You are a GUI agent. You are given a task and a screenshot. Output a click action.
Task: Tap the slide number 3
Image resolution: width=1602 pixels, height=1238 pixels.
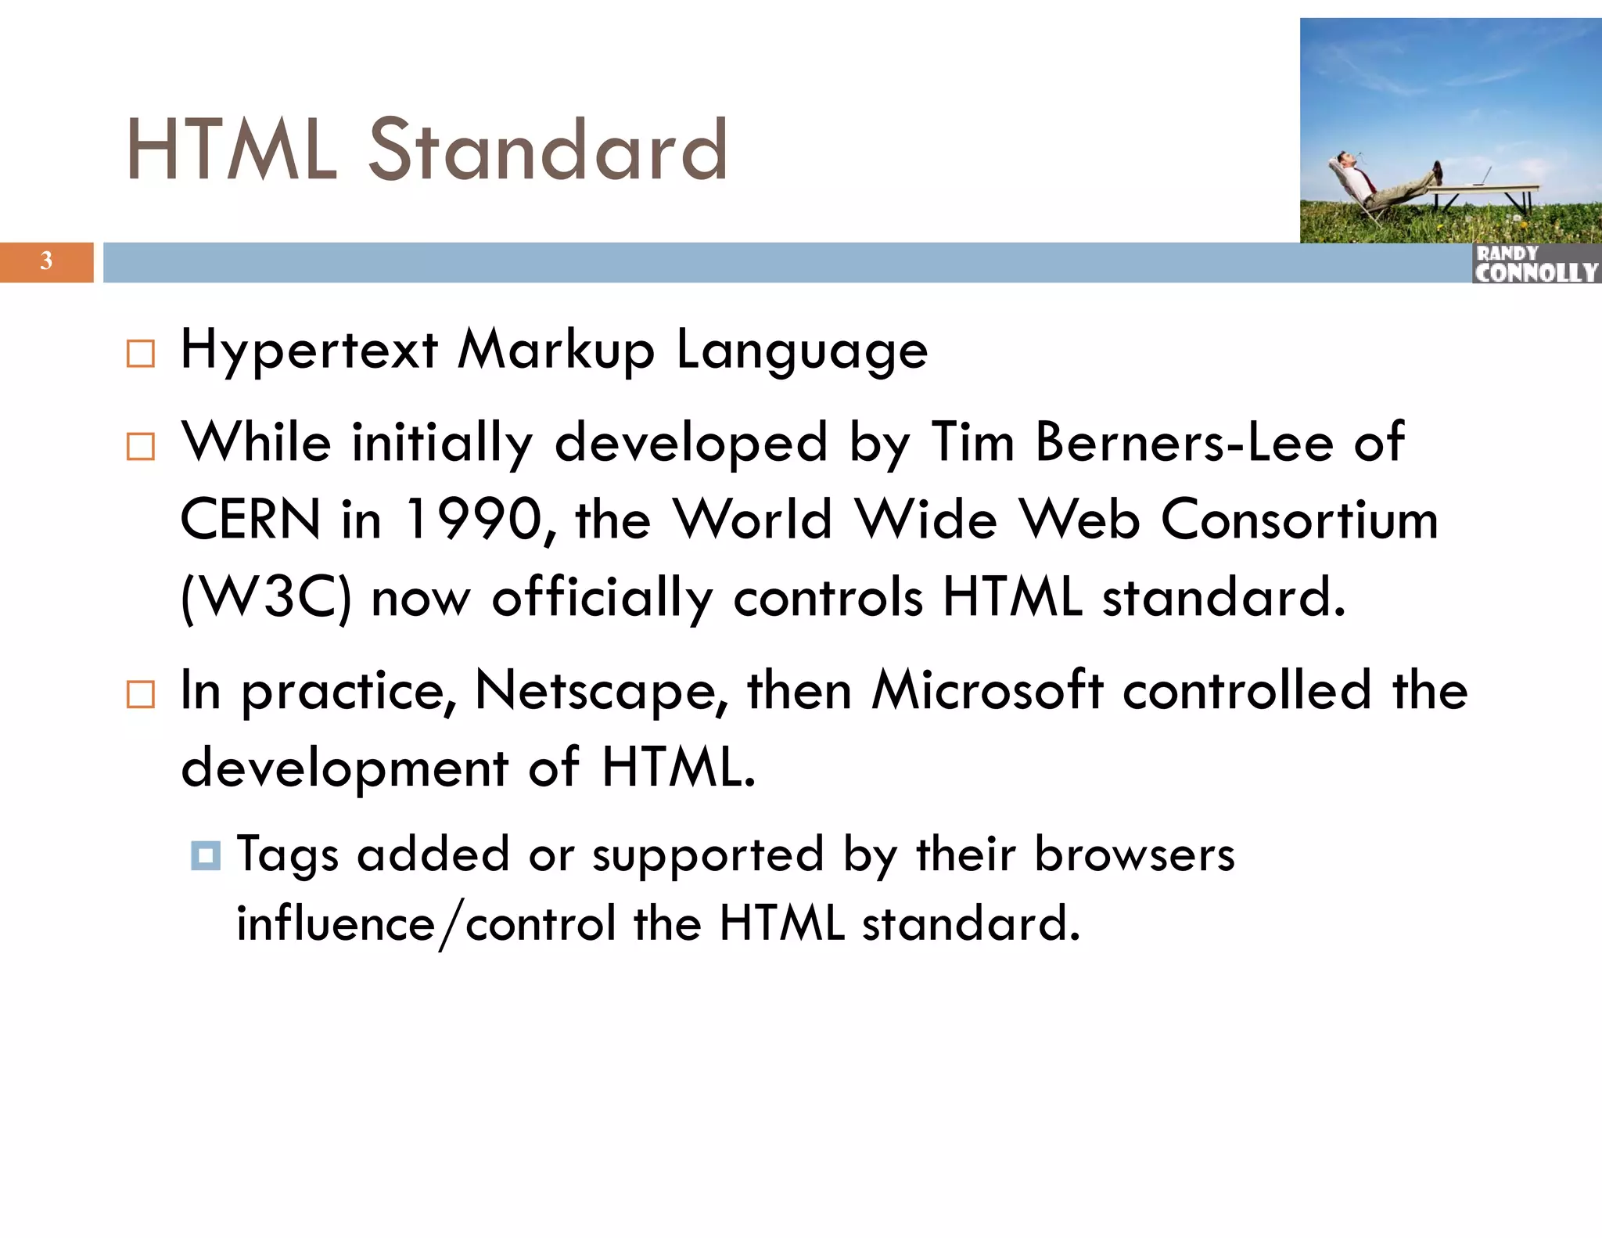(x=46, y=261)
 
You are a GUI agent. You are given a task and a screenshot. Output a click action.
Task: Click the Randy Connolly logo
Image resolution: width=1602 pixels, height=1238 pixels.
(x=1536, y=264)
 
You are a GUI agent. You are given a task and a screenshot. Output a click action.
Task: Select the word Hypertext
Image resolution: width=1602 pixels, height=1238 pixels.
(x=309, y=350)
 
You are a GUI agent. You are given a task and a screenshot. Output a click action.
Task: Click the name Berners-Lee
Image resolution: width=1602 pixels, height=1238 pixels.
(x=1184, y=442)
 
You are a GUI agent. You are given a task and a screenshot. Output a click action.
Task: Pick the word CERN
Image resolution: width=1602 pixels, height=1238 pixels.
(x=250, y=520)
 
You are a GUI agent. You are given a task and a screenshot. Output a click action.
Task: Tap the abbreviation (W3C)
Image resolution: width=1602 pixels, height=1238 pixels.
(x=266, y=598)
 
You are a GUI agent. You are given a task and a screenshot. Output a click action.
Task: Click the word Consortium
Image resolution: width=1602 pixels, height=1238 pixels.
(x=1299, y=520)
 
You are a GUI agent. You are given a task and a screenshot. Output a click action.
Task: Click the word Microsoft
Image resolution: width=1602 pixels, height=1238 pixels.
(x=987, y=690)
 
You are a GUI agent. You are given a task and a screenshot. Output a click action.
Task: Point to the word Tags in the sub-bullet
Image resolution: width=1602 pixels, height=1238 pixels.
(x=287, y=855)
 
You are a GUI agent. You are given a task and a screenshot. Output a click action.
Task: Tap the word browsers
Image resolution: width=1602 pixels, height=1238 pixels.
(x=1134, y=854)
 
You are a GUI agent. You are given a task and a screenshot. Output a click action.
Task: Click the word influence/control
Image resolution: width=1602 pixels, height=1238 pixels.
(x=426, y=924)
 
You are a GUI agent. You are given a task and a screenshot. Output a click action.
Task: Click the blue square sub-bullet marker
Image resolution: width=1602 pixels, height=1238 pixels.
(x=206, y=855)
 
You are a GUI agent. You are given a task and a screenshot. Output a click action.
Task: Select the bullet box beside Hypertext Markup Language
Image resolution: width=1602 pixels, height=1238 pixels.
(x=141, y=354)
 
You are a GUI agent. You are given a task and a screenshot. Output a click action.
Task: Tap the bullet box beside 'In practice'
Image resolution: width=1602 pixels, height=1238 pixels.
(x=141, y=694)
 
